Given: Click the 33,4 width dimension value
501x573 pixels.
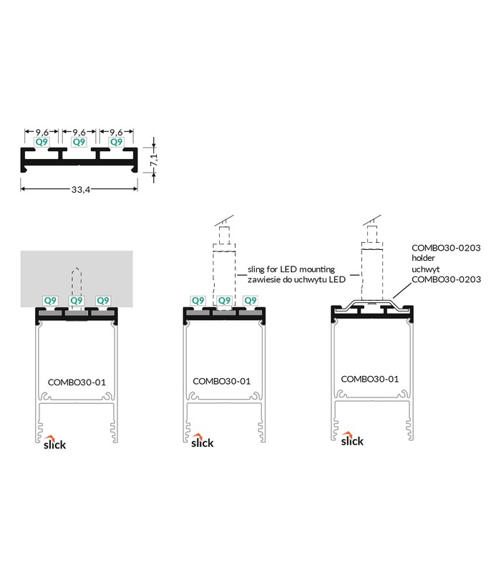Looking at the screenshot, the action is click(81, 189).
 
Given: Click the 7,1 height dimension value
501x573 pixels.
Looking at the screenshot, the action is click(154, 160).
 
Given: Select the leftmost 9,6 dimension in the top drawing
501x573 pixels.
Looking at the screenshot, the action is click(42, 132).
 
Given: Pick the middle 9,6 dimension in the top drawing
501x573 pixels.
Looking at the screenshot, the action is click(79, 132).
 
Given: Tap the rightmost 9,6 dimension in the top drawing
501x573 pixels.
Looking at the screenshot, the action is click(116, 132).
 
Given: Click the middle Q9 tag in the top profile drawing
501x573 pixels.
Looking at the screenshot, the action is click(79, 142).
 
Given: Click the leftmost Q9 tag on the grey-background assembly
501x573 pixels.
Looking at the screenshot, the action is click(50, 300).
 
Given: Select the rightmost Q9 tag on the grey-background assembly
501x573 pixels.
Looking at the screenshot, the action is click(102, 300).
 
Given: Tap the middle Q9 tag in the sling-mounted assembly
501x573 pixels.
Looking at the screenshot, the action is click(224, 300).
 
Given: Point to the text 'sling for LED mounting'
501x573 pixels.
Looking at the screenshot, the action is click(291, 269).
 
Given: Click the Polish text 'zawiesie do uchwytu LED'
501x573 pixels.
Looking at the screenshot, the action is click(296, 279).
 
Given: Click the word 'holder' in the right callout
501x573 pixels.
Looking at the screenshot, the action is click(423, 258).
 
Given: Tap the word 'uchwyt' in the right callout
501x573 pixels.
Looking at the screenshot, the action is click(426, 269).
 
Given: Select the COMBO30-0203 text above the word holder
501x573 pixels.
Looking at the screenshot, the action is click(446, 248).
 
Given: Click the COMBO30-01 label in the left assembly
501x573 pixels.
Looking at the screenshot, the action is click(77, 382).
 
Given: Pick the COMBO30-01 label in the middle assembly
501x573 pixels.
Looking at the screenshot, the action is click(222, 381).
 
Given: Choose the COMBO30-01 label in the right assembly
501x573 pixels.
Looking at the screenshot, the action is click(370, 379).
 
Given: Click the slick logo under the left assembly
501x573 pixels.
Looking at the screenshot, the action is click(54, 442).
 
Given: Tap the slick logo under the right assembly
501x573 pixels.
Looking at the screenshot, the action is click(352, 438).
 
